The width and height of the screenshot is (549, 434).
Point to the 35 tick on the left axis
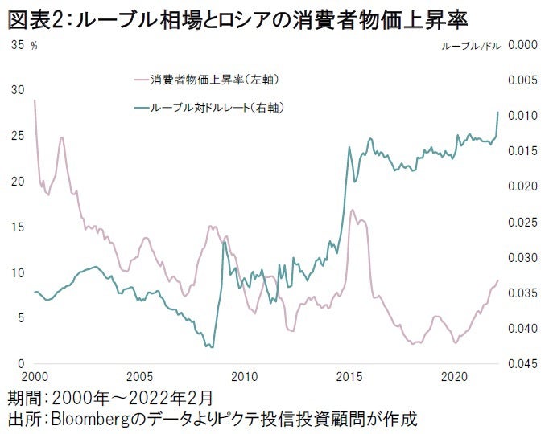pyautogui.click(x=16, y=45)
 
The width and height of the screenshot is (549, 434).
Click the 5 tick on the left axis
pyautogui.click(x=19, y=318)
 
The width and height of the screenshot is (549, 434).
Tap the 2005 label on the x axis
pyautogui.click(x=139, y=376)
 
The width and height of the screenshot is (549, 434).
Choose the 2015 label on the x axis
pyautogui.click(x=349, y=376)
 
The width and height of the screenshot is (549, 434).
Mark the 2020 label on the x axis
pyautogui.click(x=455, y=376)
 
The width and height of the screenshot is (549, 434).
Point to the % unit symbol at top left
pyautogui.click(x=34, y=47)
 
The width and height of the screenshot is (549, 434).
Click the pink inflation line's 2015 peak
pyautogui.click(x=353, y=210)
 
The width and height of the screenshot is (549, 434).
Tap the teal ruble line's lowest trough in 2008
pyautogui.click(x=212, y=347)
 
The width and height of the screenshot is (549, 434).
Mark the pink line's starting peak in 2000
pyautogui.click(x=35, y=100)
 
